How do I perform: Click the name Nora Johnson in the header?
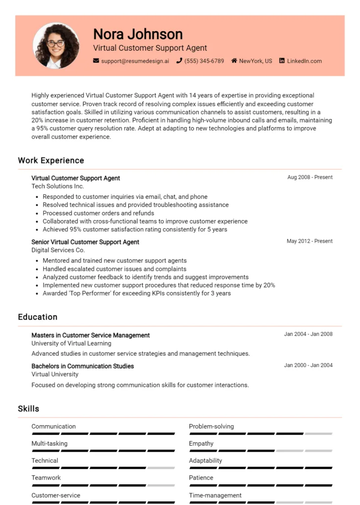pyautogui.click(x=138, y=34)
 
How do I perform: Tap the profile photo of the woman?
pyautogui.click(x=56, y=45)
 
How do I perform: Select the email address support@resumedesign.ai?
pyautogui.click(x=135, y=61)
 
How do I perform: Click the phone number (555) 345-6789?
pyautogui.click(x=204, y=61)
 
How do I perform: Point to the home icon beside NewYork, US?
pyautogui.click(x=234, y=61)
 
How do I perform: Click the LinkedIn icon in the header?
pyautogui.click(x=282, y=61)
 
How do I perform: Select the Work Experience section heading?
pyautogui.click(x=51, y=160)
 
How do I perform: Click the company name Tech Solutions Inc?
pyautogui.click(x=58, y=186)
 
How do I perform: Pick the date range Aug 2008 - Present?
pyautogui.click(x=310, y=177)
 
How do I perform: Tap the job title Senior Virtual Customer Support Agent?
pyautogui.click(x=85, y=242)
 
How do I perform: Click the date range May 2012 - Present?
pyautogui.click(x=310, y=241)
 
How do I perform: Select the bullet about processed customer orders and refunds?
pyautogui.click(x=98, y=213)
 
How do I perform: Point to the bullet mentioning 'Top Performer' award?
pyautogui.click(x=137, y=293)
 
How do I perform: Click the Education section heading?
pyautogui.click(x=37, y=317)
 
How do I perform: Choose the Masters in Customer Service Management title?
pyautogui.click(x=90, y=335)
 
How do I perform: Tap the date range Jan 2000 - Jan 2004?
pyautogui.click(x=308, y=365)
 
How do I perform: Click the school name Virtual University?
pyautogui.click(x=55, y=374)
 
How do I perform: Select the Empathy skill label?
pyautogui.click(x=201, y=443)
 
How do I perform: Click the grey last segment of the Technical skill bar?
pyautogui.click(x=161, y=468)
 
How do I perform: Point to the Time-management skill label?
pyautogui.click(x=215, y=495)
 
